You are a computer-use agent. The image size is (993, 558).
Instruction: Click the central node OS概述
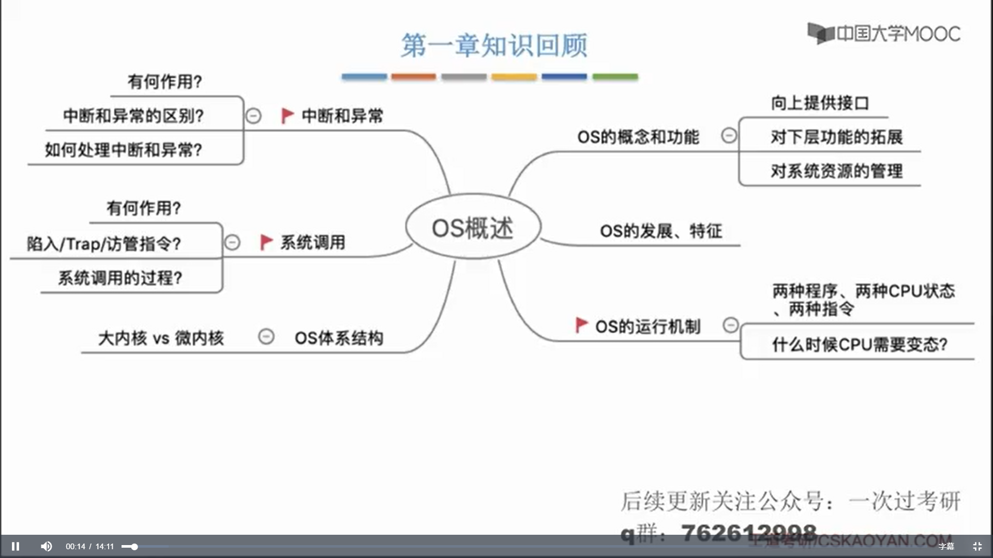click(x=473, y=227)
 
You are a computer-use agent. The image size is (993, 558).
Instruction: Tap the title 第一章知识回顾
click(x=494, y=45)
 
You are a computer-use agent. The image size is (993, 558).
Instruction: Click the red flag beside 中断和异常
click(x=287, y=115)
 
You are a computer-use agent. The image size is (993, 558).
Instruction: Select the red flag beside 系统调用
click(x=266, y=242)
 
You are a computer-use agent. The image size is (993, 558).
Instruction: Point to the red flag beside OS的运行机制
click(x=581, y=325)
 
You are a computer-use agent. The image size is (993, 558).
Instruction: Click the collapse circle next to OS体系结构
click(x=266, y=337)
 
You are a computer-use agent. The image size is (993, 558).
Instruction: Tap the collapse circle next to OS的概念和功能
click(x=729, y=136)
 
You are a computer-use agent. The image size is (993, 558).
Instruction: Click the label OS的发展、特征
click(x=660, y=231)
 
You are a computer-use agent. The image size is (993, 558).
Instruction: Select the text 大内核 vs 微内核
click(x=161, y=338)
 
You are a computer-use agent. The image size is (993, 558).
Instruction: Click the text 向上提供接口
click(x=820, y=103)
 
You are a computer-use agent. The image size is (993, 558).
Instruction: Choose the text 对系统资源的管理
click(x=836, y=171)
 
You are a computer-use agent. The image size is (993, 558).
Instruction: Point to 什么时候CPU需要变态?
click(x=860, y=344)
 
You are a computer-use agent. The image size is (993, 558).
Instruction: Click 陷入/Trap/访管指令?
click(x=104, y=243)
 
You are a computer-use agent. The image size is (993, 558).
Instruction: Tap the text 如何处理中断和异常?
click(x=123, y=150)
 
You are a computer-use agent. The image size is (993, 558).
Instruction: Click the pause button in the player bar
click(x=16, y=546)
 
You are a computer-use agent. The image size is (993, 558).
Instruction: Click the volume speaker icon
click(x=46, y=546)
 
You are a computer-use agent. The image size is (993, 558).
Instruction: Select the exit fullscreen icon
click(x=977, y=546)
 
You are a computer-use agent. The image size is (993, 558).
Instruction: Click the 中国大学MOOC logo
click(x=884, y=34)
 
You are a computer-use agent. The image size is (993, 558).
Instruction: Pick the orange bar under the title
click(x=413, y=77)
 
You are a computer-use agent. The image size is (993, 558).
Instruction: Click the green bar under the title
click(x=615, y=77)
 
